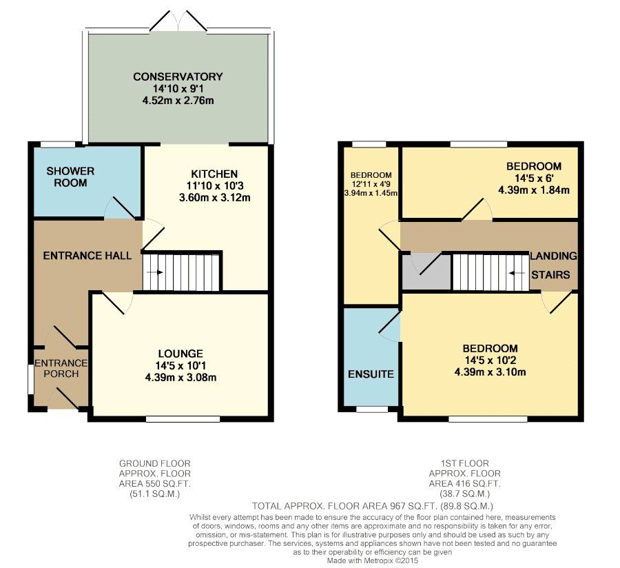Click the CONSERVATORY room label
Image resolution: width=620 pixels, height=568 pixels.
tap(178, 77)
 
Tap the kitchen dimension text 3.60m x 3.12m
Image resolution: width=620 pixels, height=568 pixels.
tap(215, 197)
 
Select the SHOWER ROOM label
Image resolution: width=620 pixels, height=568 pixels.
tap(70, 176)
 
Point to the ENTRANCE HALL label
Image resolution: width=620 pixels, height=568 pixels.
tap(87, 256)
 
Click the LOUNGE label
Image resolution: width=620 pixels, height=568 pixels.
tap(180, 354)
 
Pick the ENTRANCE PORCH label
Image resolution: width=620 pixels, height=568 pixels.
tap(61, 368)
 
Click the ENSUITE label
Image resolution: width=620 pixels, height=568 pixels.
tap(371, 374)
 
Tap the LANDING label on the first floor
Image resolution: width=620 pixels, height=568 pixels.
tap(553, 256)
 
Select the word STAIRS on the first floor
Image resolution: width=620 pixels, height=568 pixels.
tap(550, 274)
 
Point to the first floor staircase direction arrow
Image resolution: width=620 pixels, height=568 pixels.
tap(517, 273)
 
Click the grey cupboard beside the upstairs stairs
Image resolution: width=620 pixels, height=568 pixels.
tap(426, 272)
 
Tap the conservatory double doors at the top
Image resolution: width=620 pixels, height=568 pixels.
tap(178, 21)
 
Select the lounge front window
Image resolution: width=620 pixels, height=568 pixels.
tap(183, 419)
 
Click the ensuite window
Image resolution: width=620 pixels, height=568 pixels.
tap(372, 409)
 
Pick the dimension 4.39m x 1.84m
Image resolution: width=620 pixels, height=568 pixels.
tap(534, 190)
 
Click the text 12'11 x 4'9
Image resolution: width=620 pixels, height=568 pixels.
tap(371, 184)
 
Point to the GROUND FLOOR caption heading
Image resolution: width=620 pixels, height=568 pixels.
tap(154, 463)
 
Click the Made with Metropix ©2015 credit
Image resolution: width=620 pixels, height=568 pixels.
tap(373, 560)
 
